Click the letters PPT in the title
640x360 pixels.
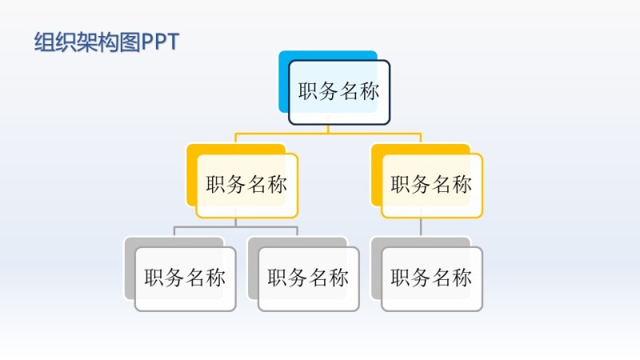click(x=160, y=42)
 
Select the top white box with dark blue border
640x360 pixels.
click(x=339, y=93)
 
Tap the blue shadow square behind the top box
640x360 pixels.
click(x=283, y=80)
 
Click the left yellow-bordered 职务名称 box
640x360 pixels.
click(x=246, y=185)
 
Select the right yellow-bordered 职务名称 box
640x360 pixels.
click(x=432, y=185)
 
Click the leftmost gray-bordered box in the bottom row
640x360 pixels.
click(x=185, y=278)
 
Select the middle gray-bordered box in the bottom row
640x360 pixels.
click(x=308, y=278)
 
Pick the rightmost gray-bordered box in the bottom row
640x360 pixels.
click(x=432, y=278)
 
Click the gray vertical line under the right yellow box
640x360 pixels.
click(x=421, y=226)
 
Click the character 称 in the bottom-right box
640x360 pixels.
click(x=462, y=278)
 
